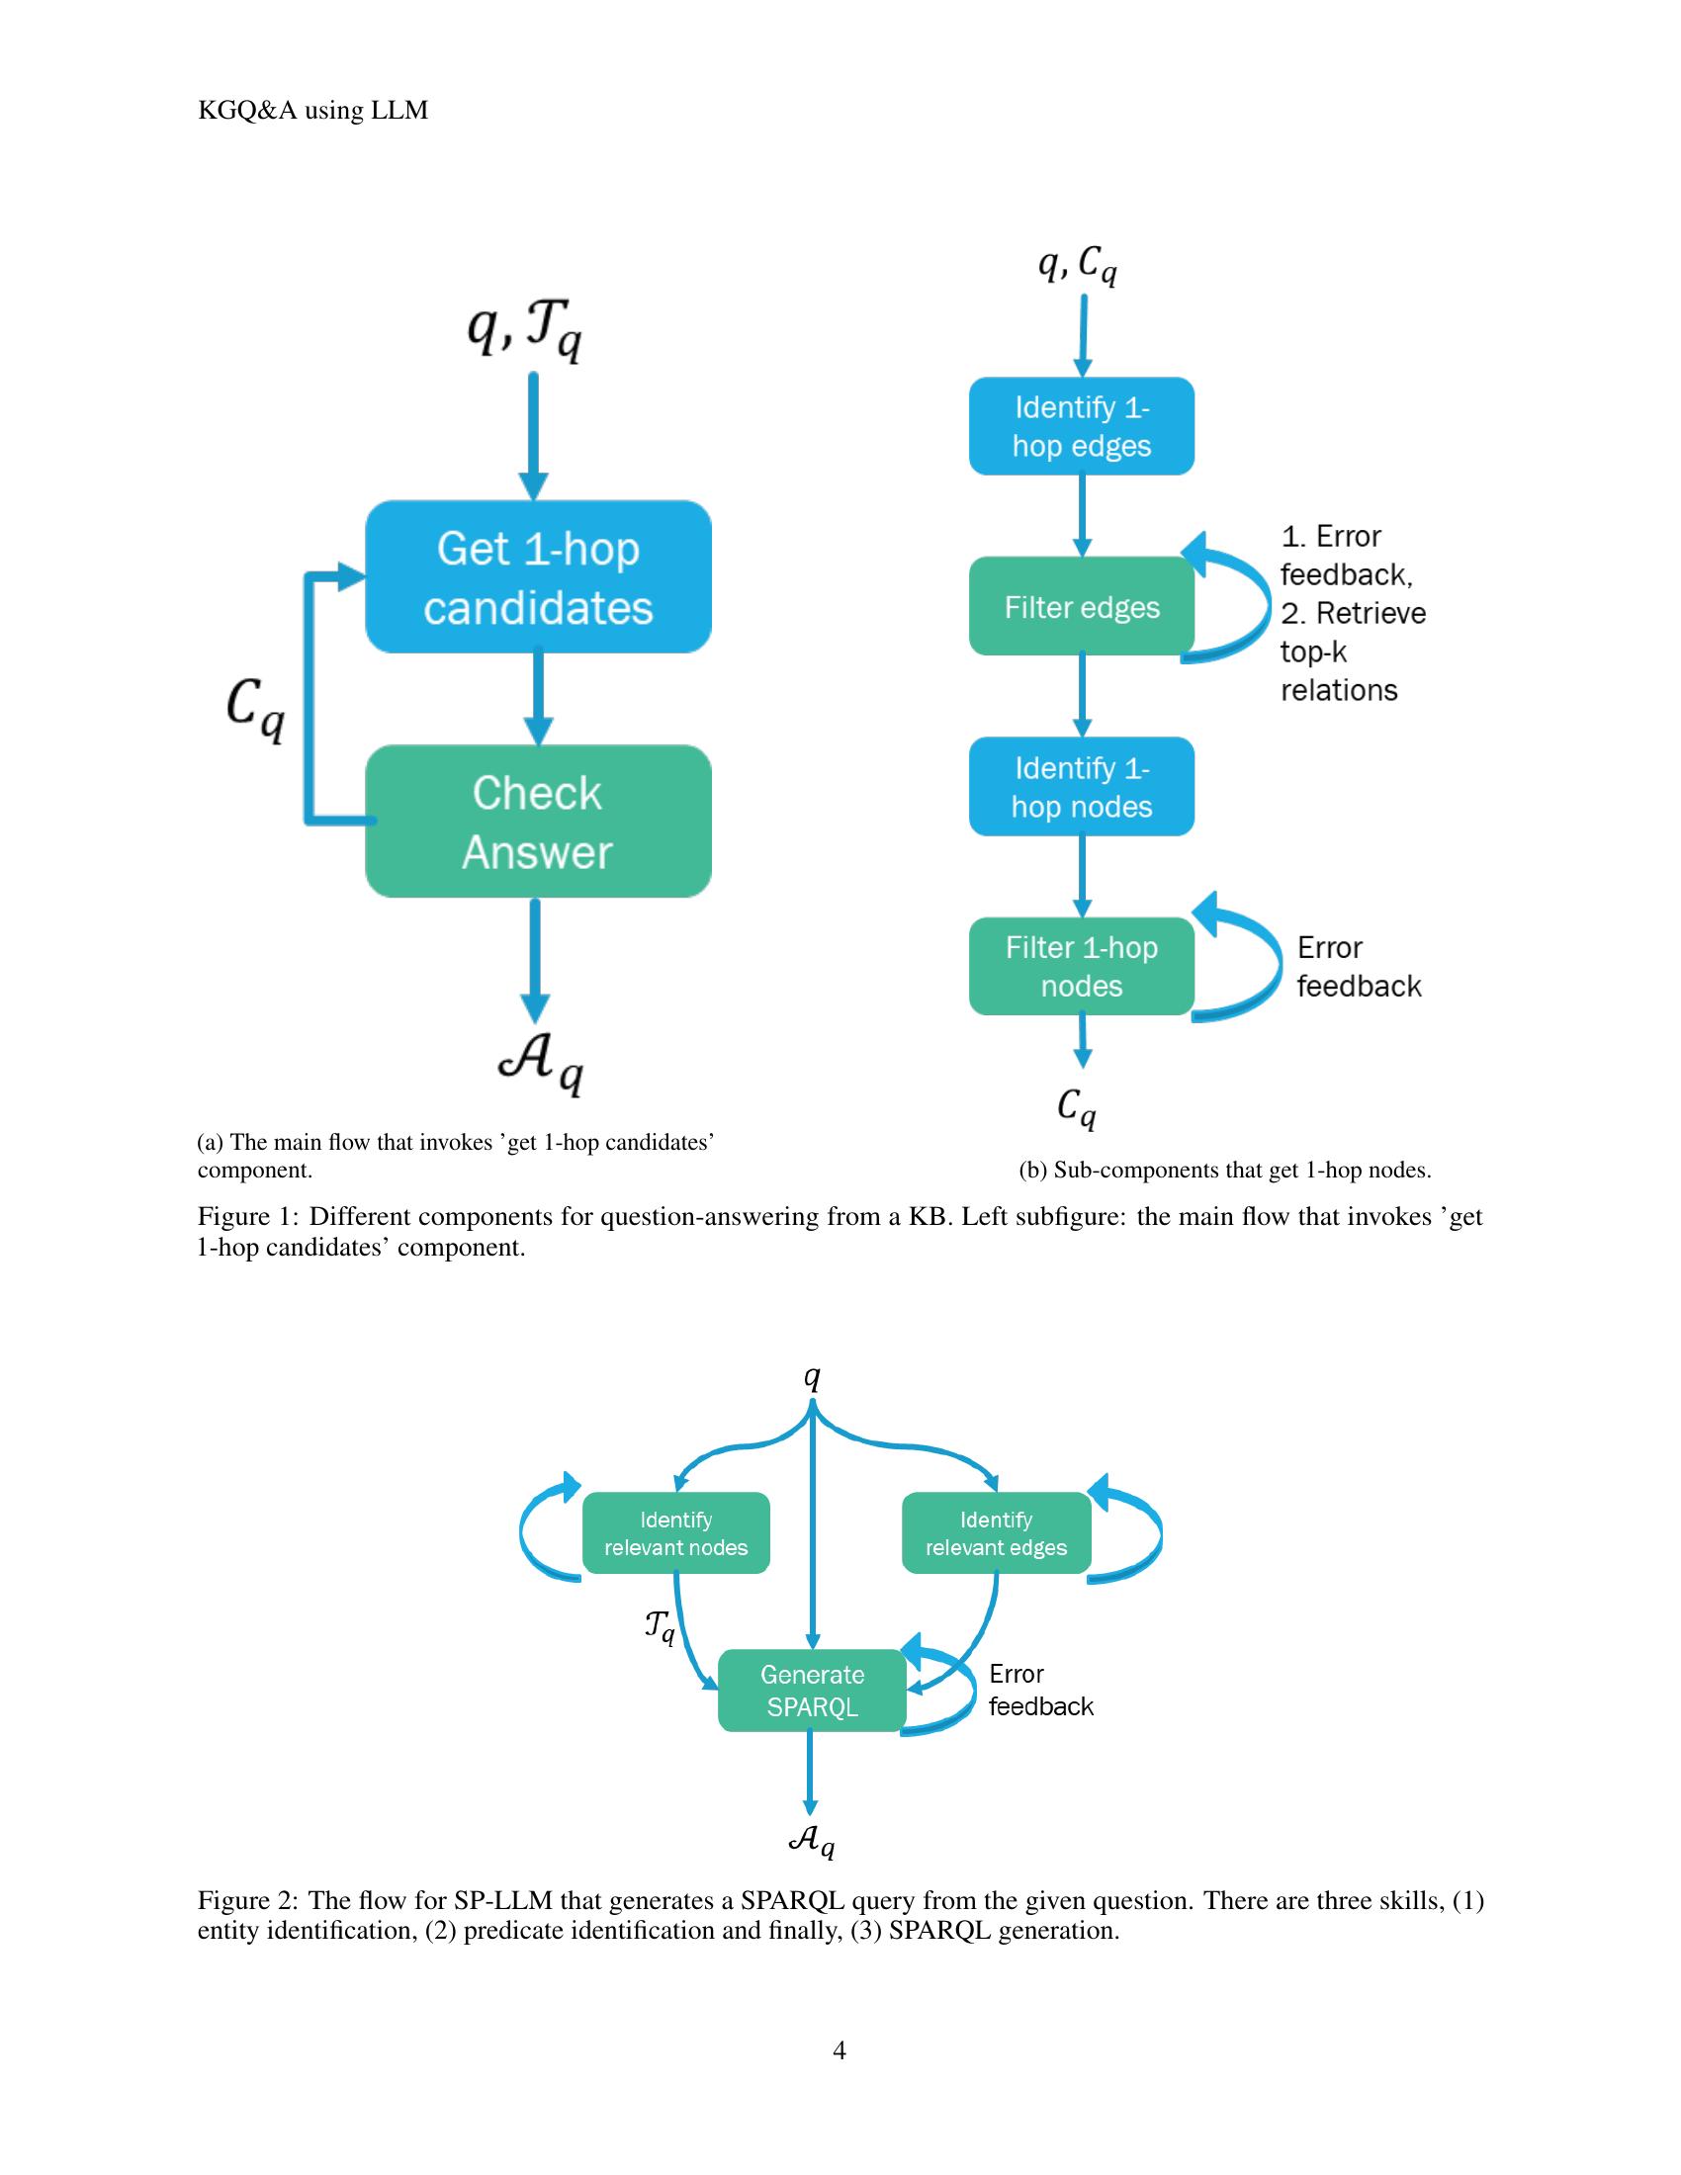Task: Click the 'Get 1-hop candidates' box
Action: pos(538,577)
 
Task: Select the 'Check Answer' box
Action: pos(538,822)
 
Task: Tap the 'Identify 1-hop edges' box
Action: pos(1082,426)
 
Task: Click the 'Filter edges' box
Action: pos(1082,606)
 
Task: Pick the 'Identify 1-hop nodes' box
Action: pos(1082,787)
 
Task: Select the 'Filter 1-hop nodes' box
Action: pos(1082,966)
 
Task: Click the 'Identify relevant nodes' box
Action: pos(675,1532)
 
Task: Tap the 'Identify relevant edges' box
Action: pos(996,1532)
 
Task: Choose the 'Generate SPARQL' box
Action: pos(812,1690)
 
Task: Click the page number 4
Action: pos(840,2050)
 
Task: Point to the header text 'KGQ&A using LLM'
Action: pos(312,111)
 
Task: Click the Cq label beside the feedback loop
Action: pos(255,709)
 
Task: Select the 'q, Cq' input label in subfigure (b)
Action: pos(1078,265)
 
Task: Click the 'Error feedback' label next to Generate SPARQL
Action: pos(1039,1690)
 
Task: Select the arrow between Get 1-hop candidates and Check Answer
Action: pos(538,697)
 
